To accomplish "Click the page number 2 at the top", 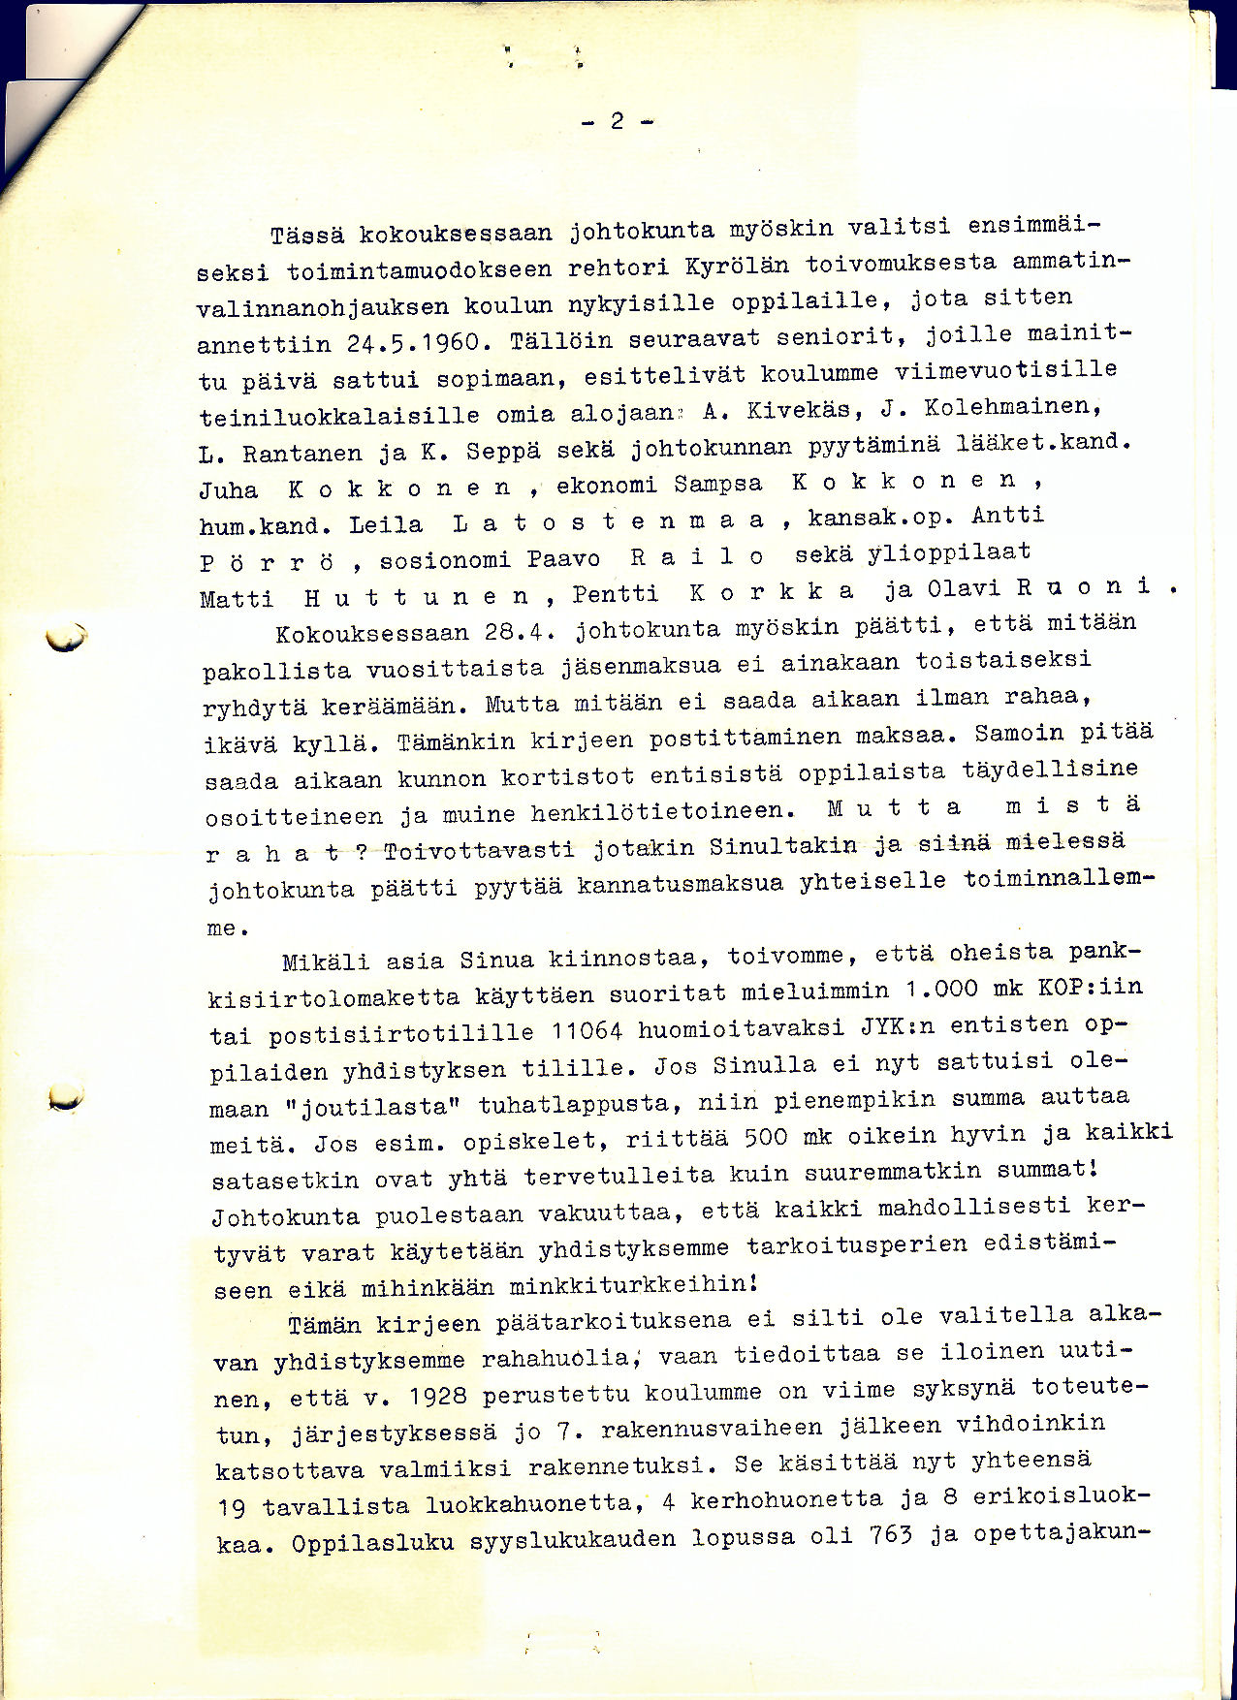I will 618,121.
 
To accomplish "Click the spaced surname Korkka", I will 773,591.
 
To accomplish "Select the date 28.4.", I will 517,633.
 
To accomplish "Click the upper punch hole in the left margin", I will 66,637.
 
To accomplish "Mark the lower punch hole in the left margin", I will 66,1095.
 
